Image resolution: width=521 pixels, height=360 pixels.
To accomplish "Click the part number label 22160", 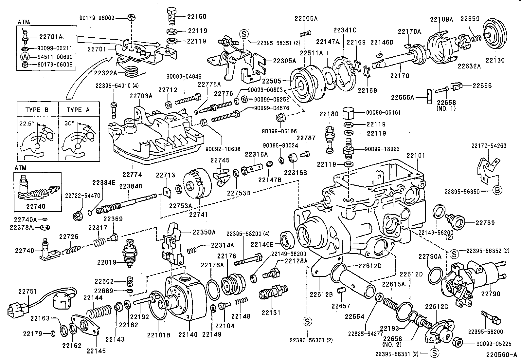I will pyautogui.click(x=197, y=16).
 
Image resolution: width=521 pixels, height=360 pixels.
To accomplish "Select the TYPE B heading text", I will pyautogui.click(x=37, y=110).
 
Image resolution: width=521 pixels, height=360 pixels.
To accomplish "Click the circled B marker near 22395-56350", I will pyautogui.click(x=497, y=191).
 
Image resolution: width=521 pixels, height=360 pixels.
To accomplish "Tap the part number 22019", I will pyautogui.click(x=107, y=262).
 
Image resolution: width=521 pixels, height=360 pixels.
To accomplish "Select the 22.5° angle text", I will pyautogui.click(x=27, y=124).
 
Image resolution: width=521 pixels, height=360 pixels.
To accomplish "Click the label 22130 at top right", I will pyautogui.click(x=495, y=60).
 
